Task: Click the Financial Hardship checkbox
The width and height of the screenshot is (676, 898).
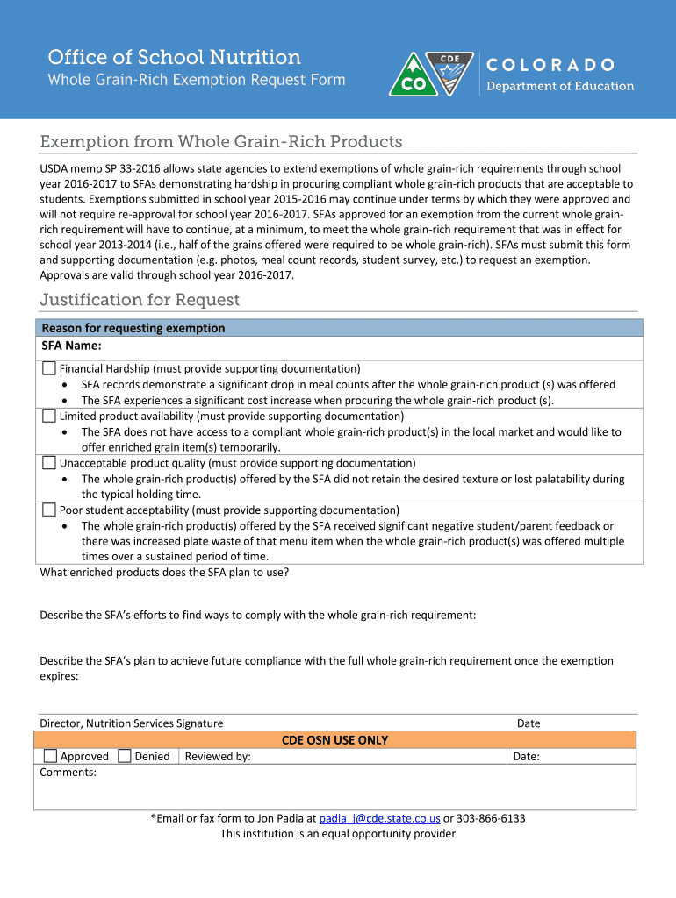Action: tap(50, 368)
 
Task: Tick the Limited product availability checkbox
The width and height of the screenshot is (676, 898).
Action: tap(50, 416)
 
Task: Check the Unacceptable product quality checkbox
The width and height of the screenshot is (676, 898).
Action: tap(50, 463)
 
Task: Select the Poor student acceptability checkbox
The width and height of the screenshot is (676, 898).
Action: tap(50, 510)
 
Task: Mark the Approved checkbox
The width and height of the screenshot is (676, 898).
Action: tap(51, 756)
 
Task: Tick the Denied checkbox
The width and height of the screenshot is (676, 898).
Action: tap(125, 756)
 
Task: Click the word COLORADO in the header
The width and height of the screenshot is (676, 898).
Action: tap(550, 65)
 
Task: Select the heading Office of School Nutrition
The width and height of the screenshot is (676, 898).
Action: tap(174, 58)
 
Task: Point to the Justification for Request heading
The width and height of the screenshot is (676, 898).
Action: tap(140, 300)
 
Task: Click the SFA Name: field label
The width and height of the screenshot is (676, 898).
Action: tap(71, 346)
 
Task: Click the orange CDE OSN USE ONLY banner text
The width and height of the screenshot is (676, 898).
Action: tap(334, 740)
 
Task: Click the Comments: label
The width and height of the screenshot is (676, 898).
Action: tap(68, 773)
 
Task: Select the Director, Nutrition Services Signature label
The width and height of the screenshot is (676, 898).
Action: tap(132, 723)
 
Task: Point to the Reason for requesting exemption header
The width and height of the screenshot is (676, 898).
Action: tap(133, 328)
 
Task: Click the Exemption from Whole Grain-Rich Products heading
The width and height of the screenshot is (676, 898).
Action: tap(221, 142)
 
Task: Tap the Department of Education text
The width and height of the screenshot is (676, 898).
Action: tap(560, 86)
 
